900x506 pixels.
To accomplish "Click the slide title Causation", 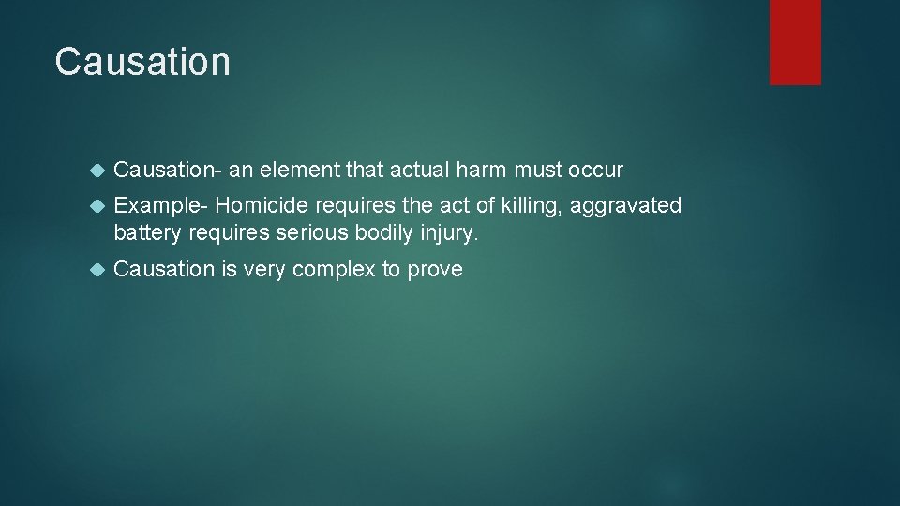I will (x=142, y=62).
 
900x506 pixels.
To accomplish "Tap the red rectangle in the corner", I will (x=795, y=41).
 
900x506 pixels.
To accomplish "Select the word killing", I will (x=532, y=205).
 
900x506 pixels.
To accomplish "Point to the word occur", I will (x=594, y=170).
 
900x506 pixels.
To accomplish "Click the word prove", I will (x=435, y=270).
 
